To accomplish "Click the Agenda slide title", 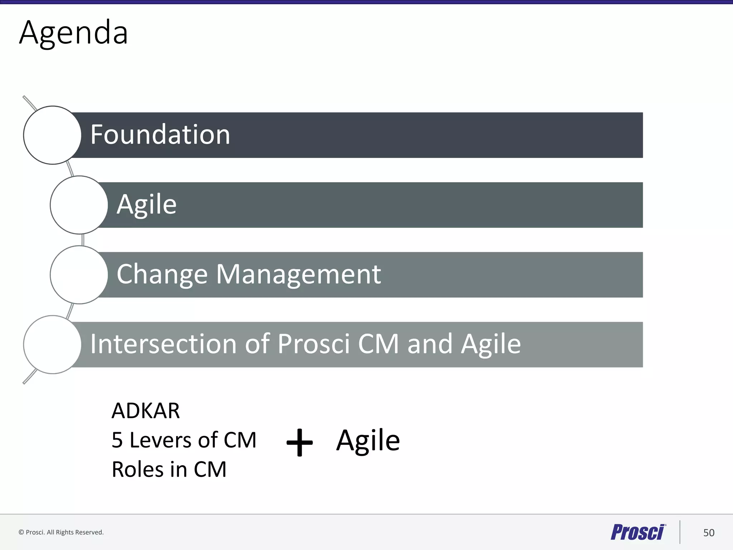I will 73,33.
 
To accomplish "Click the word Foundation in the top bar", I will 160,135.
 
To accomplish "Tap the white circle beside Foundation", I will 52,135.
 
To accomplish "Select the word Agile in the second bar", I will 146,204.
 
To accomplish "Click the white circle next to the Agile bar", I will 79,205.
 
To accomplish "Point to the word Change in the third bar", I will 162,274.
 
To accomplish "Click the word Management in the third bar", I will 298,274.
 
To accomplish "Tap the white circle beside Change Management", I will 79,275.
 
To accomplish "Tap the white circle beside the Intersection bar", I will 52,344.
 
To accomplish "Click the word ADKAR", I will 146,411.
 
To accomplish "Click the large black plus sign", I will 300,443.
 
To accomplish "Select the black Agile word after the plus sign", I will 368,440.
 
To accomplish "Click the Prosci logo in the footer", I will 638,532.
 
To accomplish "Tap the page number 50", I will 709,533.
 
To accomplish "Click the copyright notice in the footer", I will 61,532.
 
